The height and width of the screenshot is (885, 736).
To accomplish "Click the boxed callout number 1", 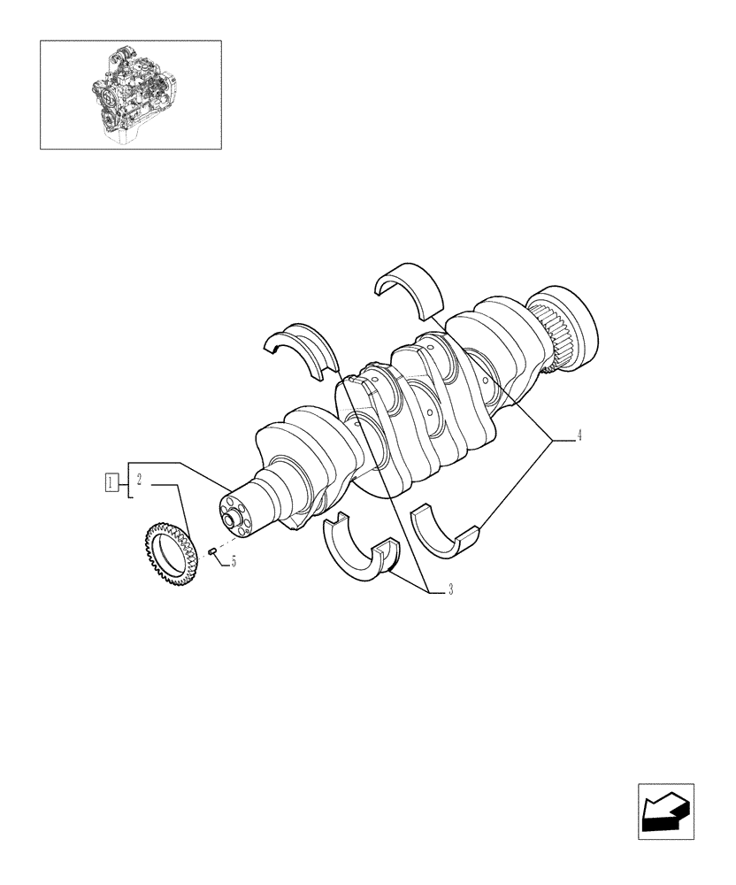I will (x=111, y=482).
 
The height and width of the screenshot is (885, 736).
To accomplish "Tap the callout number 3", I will (x=450, y=590).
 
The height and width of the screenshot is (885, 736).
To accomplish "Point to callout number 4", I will (x=579, y=435).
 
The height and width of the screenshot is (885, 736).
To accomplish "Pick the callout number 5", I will (x=233, y=561).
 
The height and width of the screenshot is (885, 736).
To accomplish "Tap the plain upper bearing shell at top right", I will (x=409, y=288).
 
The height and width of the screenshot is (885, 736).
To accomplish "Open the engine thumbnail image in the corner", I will (x=130, y=94).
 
